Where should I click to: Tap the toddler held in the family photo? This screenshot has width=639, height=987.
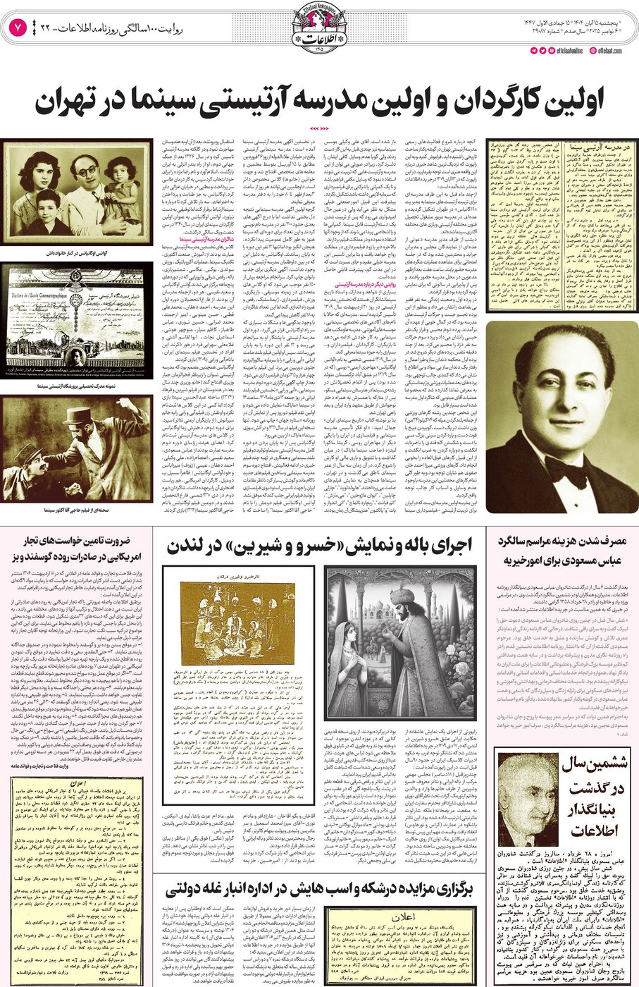(123, 176)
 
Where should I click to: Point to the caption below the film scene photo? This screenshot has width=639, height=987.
(76, 508)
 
